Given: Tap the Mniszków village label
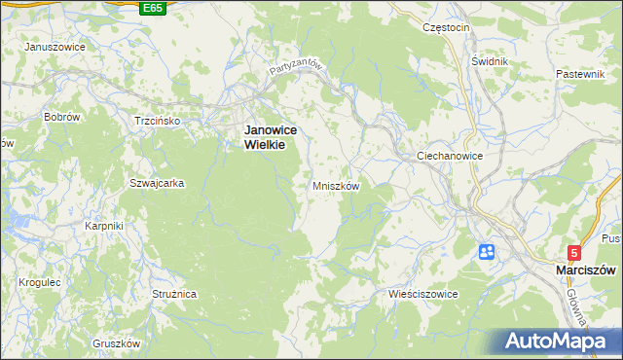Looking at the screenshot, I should (337, 186).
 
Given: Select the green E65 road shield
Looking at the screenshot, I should (152, 8).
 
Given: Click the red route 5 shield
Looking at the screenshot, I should (575, 251).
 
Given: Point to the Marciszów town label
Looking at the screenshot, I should (587, 269).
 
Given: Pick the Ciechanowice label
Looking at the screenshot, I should (450, 156).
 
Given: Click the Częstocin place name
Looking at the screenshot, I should (447, 28).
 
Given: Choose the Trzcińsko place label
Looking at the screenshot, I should (158, 121).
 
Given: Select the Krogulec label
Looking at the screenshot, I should (40, 282).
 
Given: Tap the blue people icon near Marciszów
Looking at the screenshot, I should (487, 252).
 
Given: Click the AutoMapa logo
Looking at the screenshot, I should (560, 341).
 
